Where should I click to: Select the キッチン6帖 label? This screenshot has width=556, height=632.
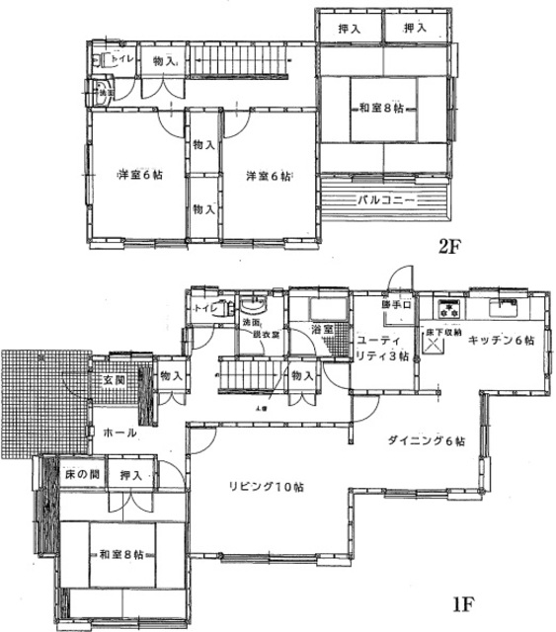click(501, 339)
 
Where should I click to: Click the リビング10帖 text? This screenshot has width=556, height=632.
click(267, 486)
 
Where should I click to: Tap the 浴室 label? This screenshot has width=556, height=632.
click(320, 329)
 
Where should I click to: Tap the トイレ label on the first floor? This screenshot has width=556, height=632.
click(205, 309)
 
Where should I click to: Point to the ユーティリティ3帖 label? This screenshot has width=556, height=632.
click(382, 347)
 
